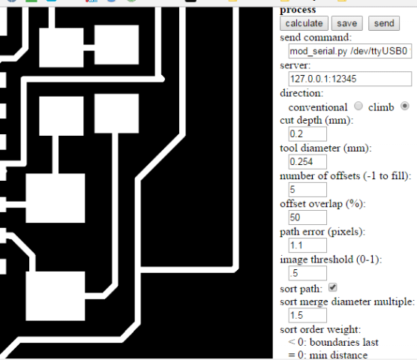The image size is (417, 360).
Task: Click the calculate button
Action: [304, 23]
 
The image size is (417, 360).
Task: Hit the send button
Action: [384, 23]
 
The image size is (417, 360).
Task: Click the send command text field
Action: [350, 51]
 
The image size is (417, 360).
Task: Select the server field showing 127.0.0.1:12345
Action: [350, 79]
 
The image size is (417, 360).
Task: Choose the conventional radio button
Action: [358, 106]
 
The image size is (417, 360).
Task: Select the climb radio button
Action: [405, 106]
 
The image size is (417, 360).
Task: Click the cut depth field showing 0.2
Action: [307, 133]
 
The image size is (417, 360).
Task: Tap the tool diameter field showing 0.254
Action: [307, 162]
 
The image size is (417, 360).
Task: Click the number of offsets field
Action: [307, 190]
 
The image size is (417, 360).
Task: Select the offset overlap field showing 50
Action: [307, 217]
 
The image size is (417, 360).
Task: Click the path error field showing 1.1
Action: [307, 245]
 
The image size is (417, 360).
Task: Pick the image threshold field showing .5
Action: [307, 273]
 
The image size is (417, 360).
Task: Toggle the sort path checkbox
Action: [333, 287]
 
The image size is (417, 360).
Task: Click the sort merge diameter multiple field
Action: [307, 315]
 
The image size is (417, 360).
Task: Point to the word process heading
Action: [298, 10]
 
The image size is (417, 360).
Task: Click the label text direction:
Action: [301, 93]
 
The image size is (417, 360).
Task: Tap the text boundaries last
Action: [344, 342]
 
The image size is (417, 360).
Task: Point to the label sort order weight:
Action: [320, 330]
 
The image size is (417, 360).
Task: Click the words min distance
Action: [338, 355]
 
